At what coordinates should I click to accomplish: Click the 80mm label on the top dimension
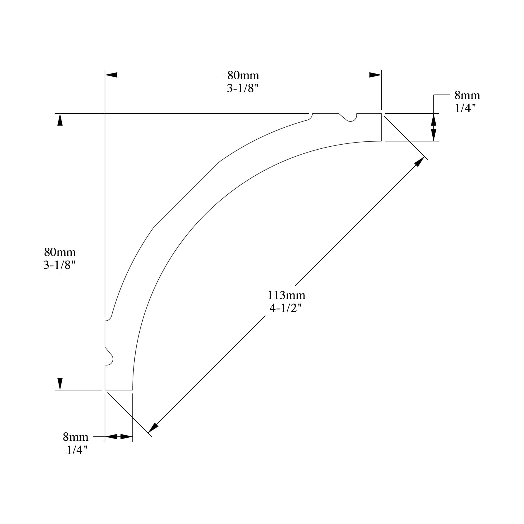243,75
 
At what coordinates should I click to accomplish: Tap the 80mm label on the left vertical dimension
60,252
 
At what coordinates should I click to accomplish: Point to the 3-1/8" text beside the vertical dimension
60,265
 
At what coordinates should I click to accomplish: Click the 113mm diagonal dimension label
286,295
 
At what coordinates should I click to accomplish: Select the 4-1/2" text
285,308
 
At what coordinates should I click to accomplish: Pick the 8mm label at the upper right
467,95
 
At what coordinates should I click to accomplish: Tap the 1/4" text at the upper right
465,108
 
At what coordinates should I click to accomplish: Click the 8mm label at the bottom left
76,437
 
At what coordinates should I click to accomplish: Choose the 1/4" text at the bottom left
77,450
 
